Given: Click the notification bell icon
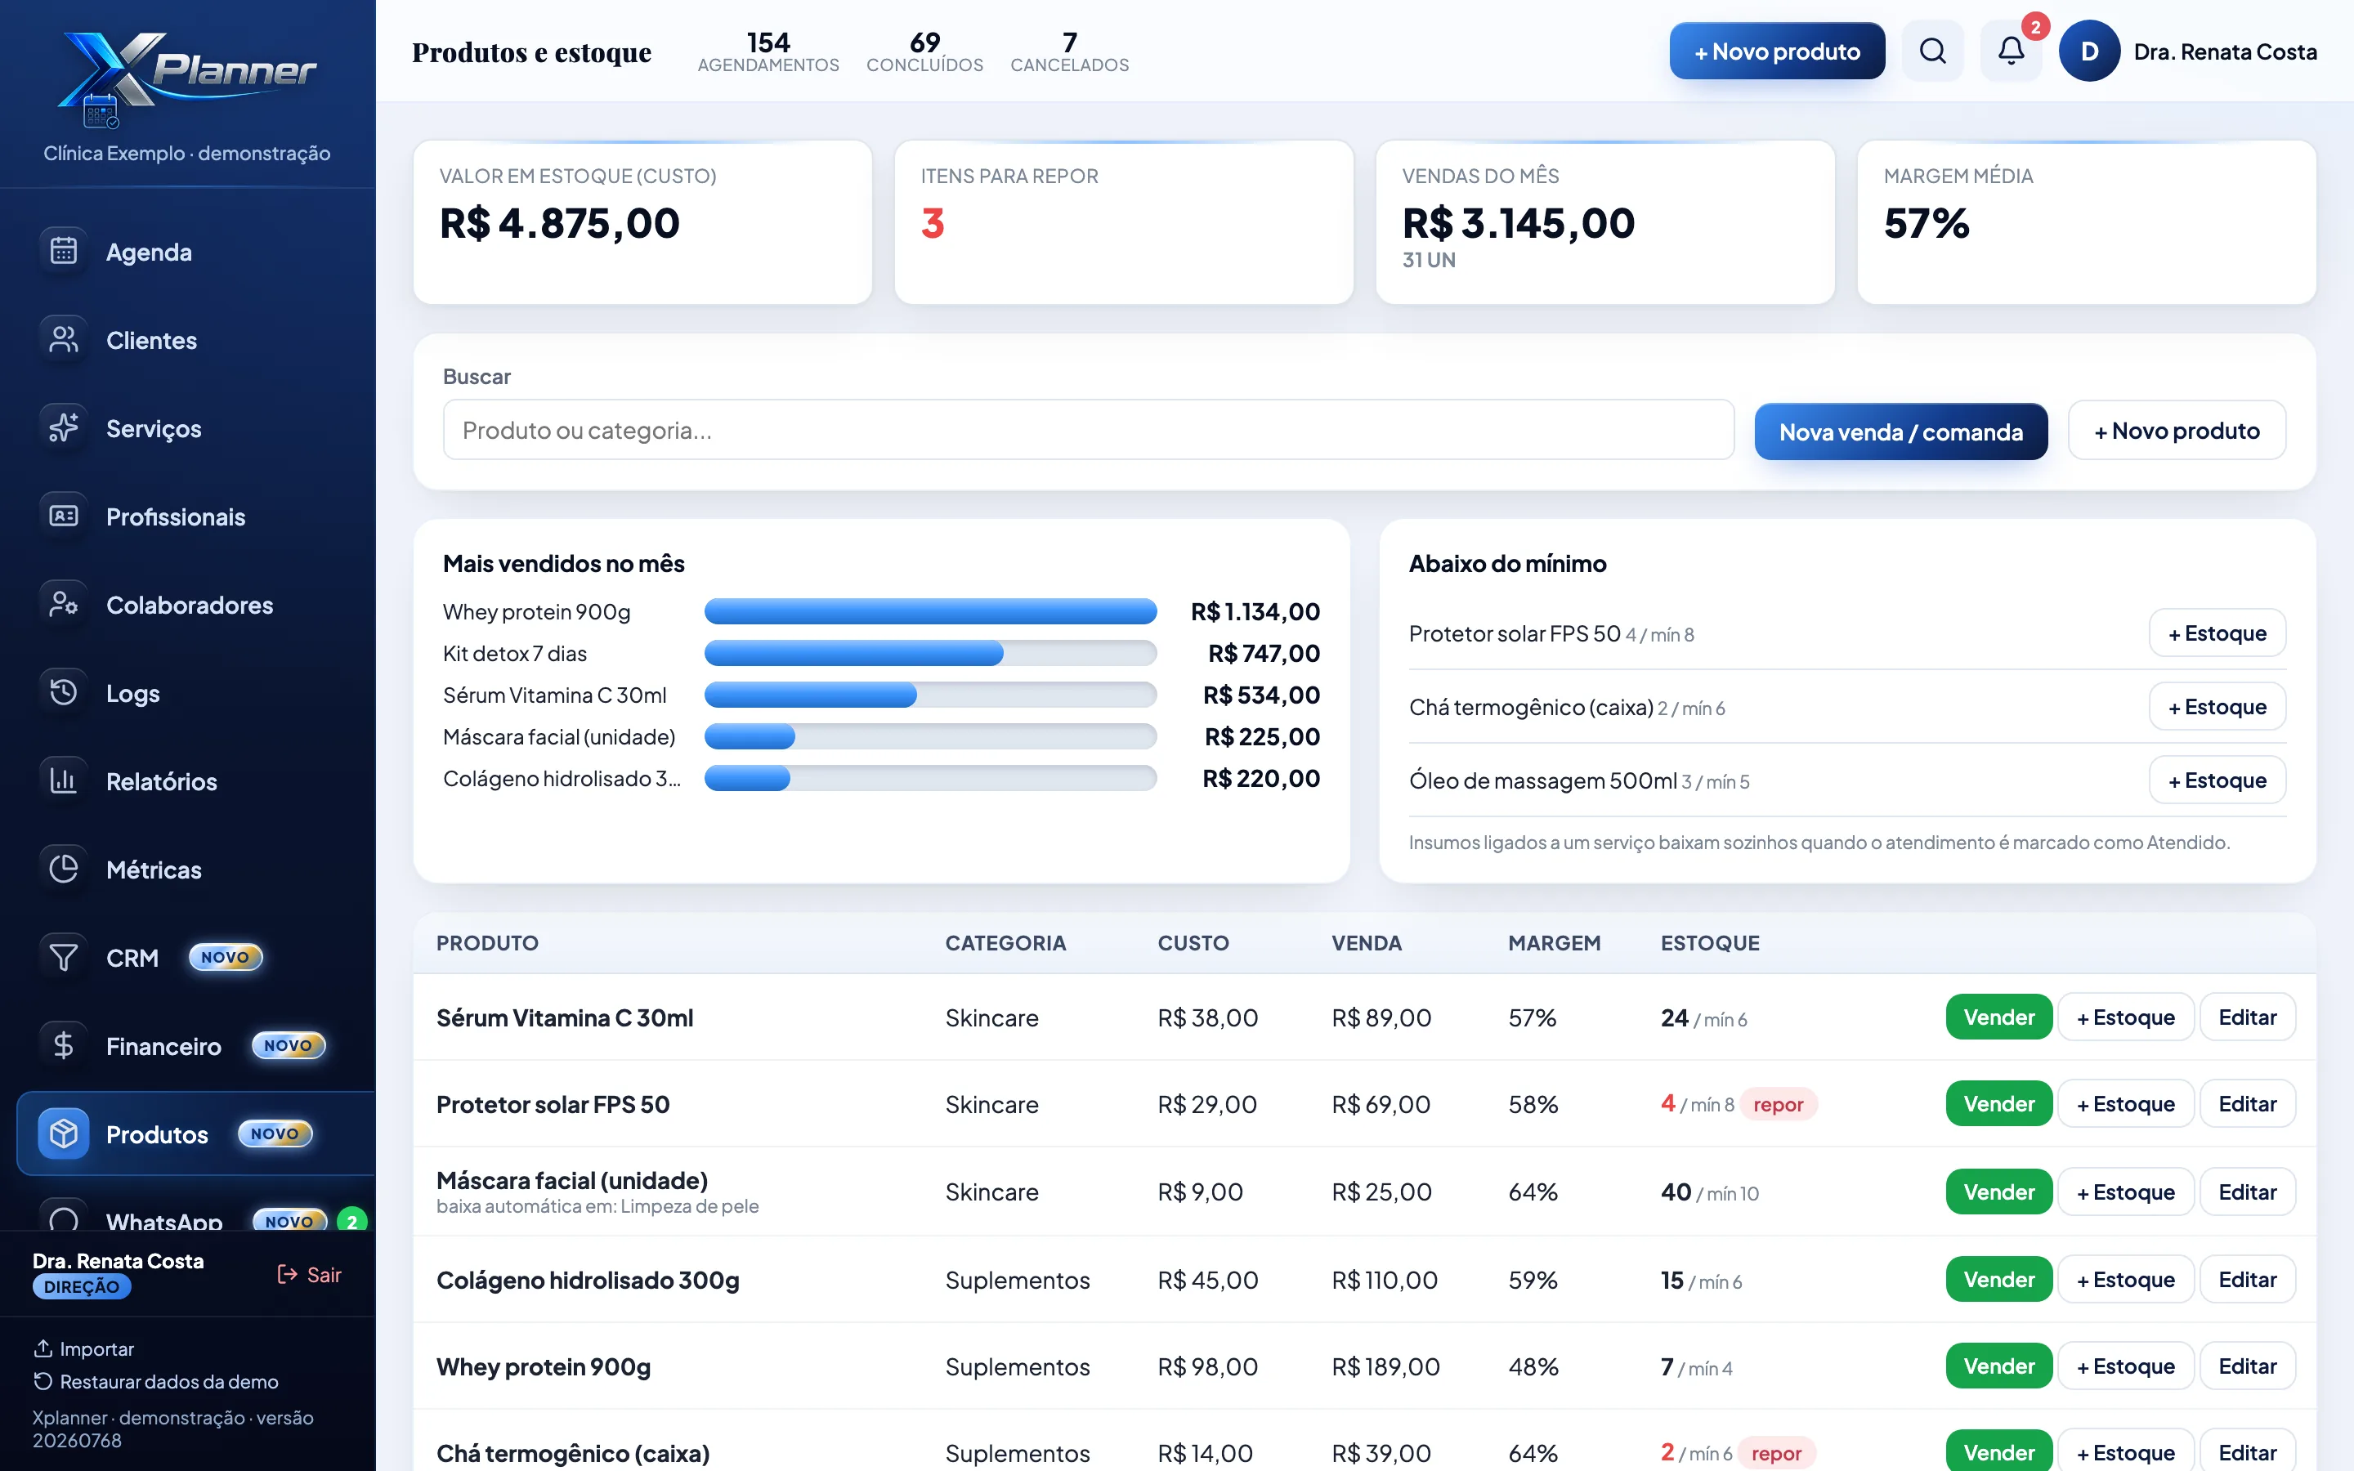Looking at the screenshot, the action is pyautogui.click(x=2011, y=51).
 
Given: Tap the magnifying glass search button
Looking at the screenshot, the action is pyautogui.click(x=1933, y=51).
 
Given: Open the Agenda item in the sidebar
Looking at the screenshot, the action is pyautogui.click(x=149, y=252).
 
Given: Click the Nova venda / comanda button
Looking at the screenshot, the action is pyautogui.click(x=1900, y=431).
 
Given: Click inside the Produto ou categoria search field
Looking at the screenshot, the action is pyautogui.click(x=1088, y=430).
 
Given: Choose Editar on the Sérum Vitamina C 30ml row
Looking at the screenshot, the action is pyautogui.click(x=2247, y=1017).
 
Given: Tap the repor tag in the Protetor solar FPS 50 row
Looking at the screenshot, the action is pyautogui.click(x=1778, y=1104).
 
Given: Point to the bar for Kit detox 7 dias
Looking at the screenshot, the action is pyautogui.click(x=853, y=653).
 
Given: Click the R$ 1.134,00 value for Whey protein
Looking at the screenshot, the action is pyautogui.click(x=1255, y=612).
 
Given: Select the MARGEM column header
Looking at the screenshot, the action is pyautogui.click(x=1555, y=943).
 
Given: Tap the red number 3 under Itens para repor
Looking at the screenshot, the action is pyautogui.click(x=932, y=224).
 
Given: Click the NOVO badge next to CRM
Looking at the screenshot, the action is pyautogui.click(x=225, y=957).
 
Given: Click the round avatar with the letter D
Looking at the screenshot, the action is pyautogui.click(x=2088, y=51).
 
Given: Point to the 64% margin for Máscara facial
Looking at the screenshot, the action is pyautogui.click(x=1533, y=1192).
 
